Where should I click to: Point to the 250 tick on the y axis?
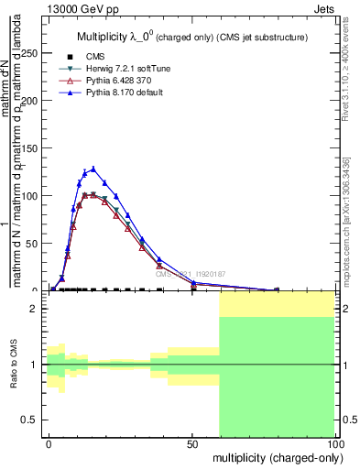point(33,53)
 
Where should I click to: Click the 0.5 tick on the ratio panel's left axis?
point(34,420)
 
